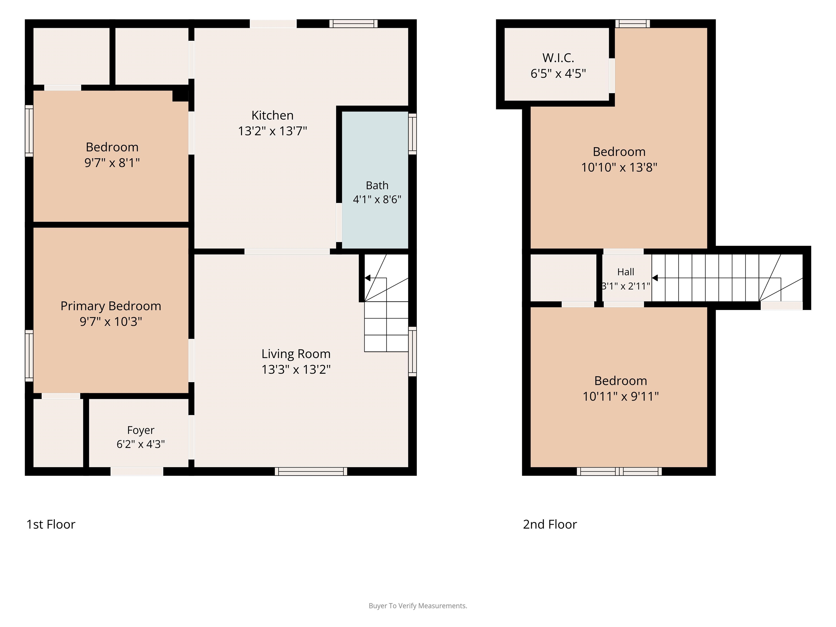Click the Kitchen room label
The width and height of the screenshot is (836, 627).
[x=272, y=115]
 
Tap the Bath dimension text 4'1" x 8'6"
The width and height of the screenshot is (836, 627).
[x=377, y=199]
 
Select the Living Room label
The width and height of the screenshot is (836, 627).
[x=296, y=354]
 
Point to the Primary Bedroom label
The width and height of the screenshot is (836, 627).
[x=111, y=306]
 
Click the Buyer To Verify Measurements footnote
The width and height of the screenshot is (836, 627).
[x=418, y=606]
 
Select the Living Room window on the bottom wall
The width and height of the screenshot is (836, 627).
[x=311, y=471]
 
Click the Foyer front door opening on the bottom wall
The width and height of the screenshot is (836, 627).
[x=137, y=471]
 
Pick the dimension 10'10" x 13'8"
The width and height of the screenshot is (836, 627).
[x=619, y=167]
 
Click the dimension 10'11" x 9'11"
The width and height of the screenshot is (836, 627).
[x=620, y=397]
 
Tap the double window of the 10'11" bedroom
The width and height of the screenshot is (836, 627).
[x=619, y=471]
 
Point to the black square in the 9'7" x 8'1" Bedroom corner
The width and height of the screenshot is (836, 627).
[x=180, y=96]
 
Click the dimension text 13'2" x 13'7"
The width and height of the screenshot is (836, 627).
[x=272, y=131]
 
